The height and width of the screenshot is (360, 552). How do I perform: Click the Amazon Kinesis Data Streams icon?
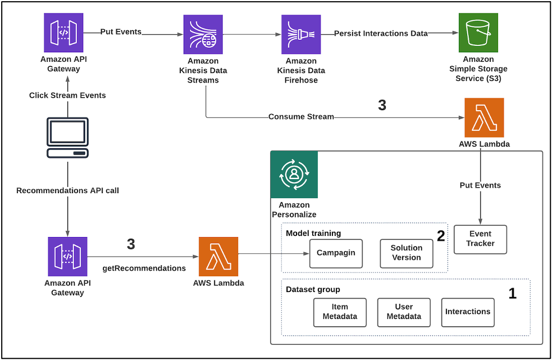coord(203,34)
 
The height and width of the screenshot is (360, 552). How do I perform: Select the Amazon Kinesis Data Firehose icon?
coord(301,34)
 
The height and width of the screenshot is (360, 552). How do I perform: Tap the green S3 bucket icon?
coord(478,33)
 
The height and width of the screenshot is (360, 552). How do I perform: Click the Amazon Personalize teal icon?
coord(294,175)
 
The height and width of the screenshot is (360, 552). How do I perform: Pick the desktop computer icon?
coord(67,138)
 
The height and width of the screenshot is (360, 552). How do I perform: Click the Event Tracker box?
coord(480,239)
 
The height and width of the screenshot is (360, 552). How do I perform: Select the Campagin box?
coord(336,253)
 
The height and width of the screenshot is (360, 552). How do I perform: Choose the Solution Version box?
coord(407,253)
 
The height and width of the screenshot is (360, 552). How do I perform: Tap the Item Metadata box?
coord(340,312)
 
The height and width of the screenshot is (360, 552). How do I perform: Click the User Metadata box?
coord(404,312)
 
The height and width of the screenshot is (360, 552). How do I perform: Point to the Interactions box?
coord(468,312)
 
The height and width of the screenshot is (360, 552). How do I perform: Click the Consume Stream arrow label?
coord(301,117)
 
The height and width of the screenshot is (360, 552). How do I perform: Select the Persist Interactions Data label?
coord(381,34)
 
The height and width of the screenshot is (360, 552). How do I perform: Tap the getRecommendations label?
coord(144,268)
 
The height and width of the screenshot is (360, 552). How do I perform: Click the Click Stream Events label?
coord(67,95)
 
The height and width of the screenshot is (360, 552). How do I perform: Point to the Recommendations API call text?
coord(67,190)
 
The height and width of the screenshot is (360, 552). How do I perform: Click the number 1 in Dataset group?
coord(512,293)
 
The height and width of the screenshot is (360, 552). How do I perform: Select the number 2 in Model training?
coord(441,236)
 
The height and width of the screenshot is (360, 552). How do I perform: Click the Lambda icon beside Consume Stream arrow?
coord(484,117)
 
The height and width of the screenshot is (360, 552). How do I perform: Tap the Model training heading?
coord(313,233)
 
